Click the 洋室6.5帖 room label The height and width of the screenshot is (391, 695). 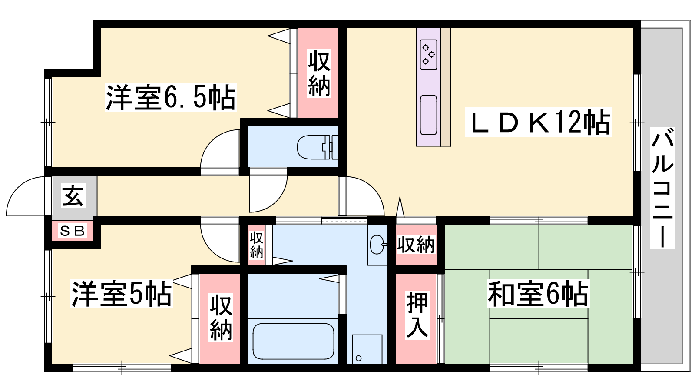[x=171, y=97]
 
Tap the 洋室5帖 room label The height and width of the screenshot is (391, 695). [x=122, y=294]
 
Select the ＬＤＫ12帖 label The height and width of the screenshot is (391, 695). [x=538, y=122]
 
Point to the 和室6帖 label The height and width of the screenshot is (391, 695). [x=538, y=294]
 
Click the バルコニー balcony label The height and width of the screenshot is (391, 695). [x=662, y=188]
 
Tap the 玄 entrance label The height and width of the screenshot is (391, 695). [x=73, y=196]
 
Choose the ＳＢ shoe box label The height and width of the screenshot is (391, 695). [x=72, y=231]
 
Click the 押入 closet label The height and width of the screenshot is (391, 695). [x=417, y=315]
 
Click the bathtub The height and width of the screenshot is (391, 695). [x=294, y=341]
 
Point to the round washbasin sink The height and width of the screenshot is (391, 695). [x=377, y=245]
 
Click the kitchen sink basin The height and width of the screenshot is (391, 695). [x=428, y=115]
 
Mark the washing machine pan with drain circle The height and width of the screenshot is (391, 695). [x=367, y=349]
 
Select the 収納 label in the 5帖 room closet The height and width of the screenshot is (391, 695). [x=221, y=318]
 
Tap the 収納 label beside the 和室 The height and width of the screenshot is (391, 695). [x=416, y=245]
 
